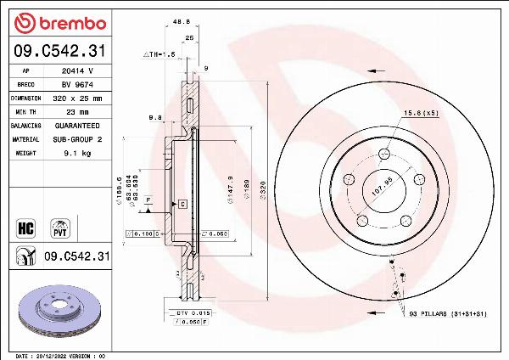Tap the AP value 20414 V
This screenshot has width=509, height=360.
[x=76, y=72]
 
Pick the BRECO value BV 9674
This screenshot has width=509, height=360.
[x=76, y=85]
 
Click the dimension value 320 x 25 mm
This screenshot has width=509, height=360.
[x=76, y=98]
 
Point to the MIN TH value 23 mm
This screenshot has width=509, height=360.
[x=76, y=111]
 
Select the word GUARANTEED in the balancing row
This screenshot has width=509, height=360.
[x=76, y=125]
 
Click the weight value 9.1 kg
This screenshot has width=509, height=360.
[x=76, y=153]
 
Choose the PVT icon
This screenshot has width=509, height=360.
[x=60, y=227]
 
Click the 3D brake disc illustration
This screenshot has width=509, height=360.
[x=59, y=311]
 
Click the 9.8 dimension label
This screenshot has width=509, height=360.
[x=154, y=117]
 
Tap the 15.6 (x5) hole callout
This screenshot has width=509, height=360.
[x=420, y=113]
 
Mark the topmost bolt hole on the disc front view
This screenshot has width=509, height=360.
[x=385, y=154]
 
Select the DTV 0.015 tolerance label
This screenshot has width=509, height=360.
[x=187, y=314]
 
